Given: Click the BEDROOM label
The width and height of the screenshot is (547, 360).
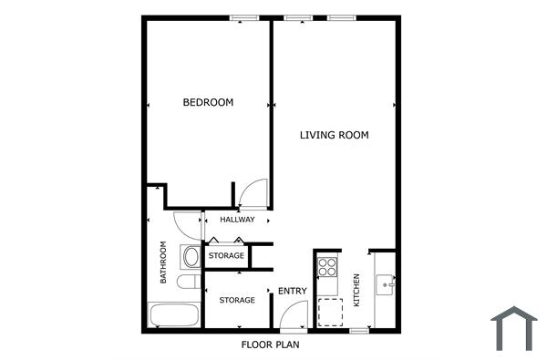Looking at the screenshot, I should pyautogui.click(x=208, y=103).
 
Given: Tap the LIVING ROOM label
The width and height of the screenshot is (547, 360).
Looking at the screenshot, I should pyautogui.click(x=335, y=135).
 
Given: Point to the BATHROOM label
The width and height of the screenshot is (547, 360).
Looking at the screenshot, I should pyautogui.click(x=164, y=262).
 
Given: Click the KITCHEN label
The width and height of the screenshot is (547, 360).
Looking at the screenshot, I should pyautogui.click(x=356, y=291).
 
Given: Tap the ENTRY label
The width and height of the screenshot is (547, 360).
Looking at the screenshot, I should pyautogui.click(x=292, y=291).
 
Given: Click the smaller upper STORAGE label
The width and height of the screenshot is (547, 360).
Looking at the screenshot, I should pyautogui.click(x=226, y=256).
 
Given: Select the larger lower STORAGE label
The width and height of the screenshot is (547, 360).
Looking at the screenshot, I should pyautogui.click(x=236, y=300).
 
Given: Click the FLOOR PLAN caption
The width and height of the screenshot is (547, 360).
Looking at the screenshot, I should pyautogui.click(x=270, y=345).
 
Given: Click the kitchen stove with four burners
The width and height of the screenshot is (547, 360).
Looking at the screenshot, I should pyautogui.click(x=327, y=268).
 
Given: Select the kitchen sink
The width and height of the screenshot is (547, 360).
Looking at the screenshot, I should pyautogui.click(x=387, y=284).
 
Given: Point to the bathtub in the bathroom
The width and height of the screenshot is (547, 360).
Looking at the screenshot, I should pyautogui.click(x=173, y=316).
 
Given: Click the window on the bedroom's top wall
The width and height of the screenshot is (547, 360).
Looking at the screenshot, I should pyautogui.click(x=243, y=17).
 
